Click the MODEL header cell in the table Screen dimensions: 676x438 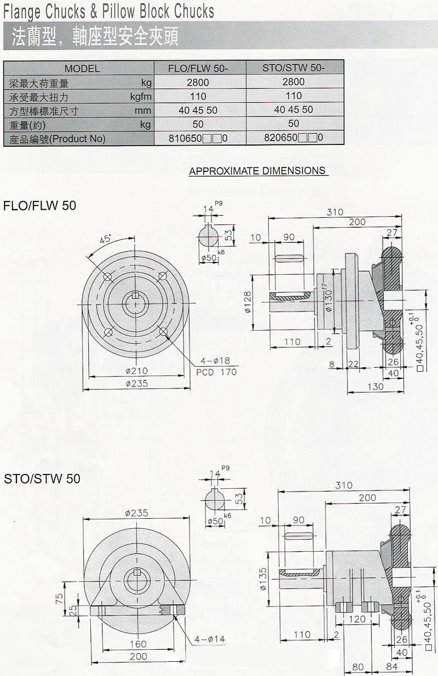(x=82, y=68)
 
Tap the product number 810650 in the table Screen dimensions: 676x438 (x=186, y=138)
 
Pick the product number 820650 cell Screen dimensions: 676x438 (x=281, y=138)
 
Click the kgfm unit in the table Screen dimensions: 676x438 (x=141, y=96)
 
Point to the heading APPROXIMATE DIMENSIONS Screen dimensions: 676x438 (x=257, y=171)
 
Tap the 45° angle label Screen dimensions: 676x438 (x=106, y=239)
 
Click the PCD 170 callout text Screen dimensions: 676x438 (x=216, y=372)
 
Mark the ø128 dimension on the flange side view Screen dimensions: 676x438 (x=247, y=302)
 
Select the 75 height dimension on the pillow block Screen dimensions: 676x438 (x=65, y=597)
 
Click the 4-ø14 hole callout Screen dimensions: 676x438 (x=209, y=639)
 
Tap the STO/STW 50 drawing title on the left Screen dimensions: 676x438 (x=42, y=478)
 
